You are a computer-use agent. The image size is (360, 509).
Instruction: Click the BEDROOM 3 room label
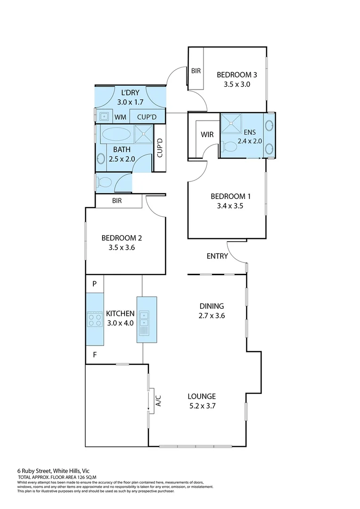click(x=237, y=74)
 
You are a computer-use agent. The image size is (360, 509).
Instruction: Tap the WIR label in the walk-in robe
click(x=207, y=135)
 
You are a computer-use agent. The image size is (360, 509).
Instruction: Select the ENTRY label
click(x=217, y=256)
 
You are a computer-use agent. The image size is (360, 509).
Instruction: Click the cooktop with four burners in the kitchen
click(x=95, y=320)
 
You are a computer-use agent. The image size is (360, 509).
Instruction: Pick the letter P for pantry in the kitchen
click(x=94, y=284)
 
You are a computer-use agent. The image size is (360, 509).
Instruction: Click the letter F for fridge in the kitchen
click(x=94, y=354)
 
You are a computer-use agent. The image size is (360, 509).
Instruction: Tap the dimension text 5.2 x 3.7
click(x=201, y=405)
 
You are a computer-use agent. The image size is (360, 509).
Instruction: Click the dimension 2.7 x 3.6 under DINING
click(x=211, y=316)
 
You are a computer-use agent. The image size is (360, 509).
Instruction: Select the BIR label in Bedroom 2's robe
click(x=117, y=201)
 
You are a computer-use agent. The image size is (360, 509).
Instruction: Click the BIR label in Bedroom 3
click(x=196, y=71)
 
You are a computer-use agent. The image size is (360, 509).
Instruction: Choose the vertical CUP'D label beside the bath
click(x=160, y=148)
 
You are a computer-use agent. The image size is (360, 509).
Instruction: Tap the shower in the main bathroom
click(x=144, y=134)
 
